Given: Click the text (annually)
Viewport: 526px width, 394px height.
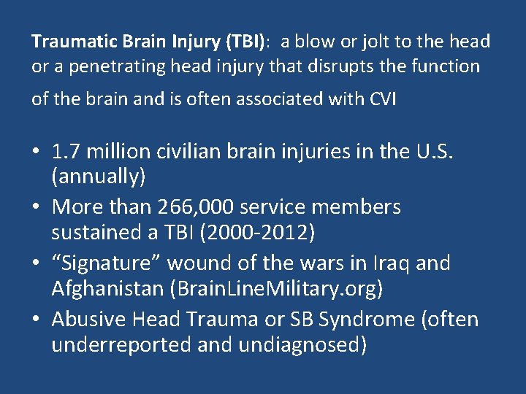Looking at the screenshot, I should [x=99, y=177].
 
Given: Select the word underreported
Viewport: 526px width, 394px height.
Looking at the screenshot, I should [x=121, y=344].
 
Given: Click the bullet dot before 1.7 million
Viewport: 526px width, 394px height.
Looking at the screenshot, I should [x=36, y=152].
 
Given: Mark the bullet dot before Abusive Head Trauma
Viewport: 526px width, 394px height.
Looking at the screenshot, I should [x=36, y=320].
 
